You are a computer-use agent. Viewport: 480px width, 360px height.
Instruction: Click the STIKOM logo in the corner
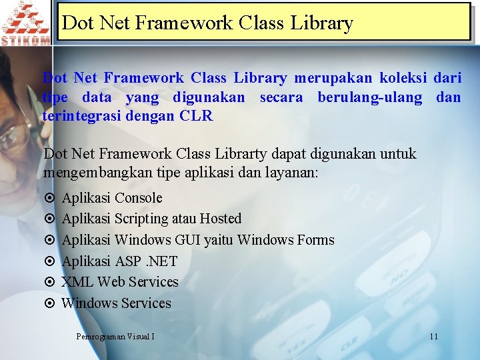tap(25, 22)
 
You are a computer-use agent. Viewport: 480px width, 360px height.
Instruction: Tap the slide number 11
tap(433, 337)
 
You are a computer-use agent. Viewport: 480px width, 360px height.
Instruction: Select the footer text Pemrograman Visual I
tap(115, 337)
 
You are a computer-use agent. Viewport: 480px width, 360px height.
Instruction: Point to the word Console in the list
tap(138, 198)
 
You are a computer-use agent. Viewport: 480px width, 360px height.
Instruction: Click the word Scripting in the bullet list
tap(141, 219)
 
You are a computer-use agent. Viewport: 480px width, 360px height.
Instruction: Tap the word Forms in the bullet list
tap(315, 240)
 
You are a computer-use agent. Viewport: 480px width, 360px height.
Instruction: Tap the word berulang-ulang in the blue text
tap(370, 98)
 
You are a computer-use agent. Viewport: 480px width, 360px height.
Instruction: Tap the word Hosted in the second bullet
tap(221, 219)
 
